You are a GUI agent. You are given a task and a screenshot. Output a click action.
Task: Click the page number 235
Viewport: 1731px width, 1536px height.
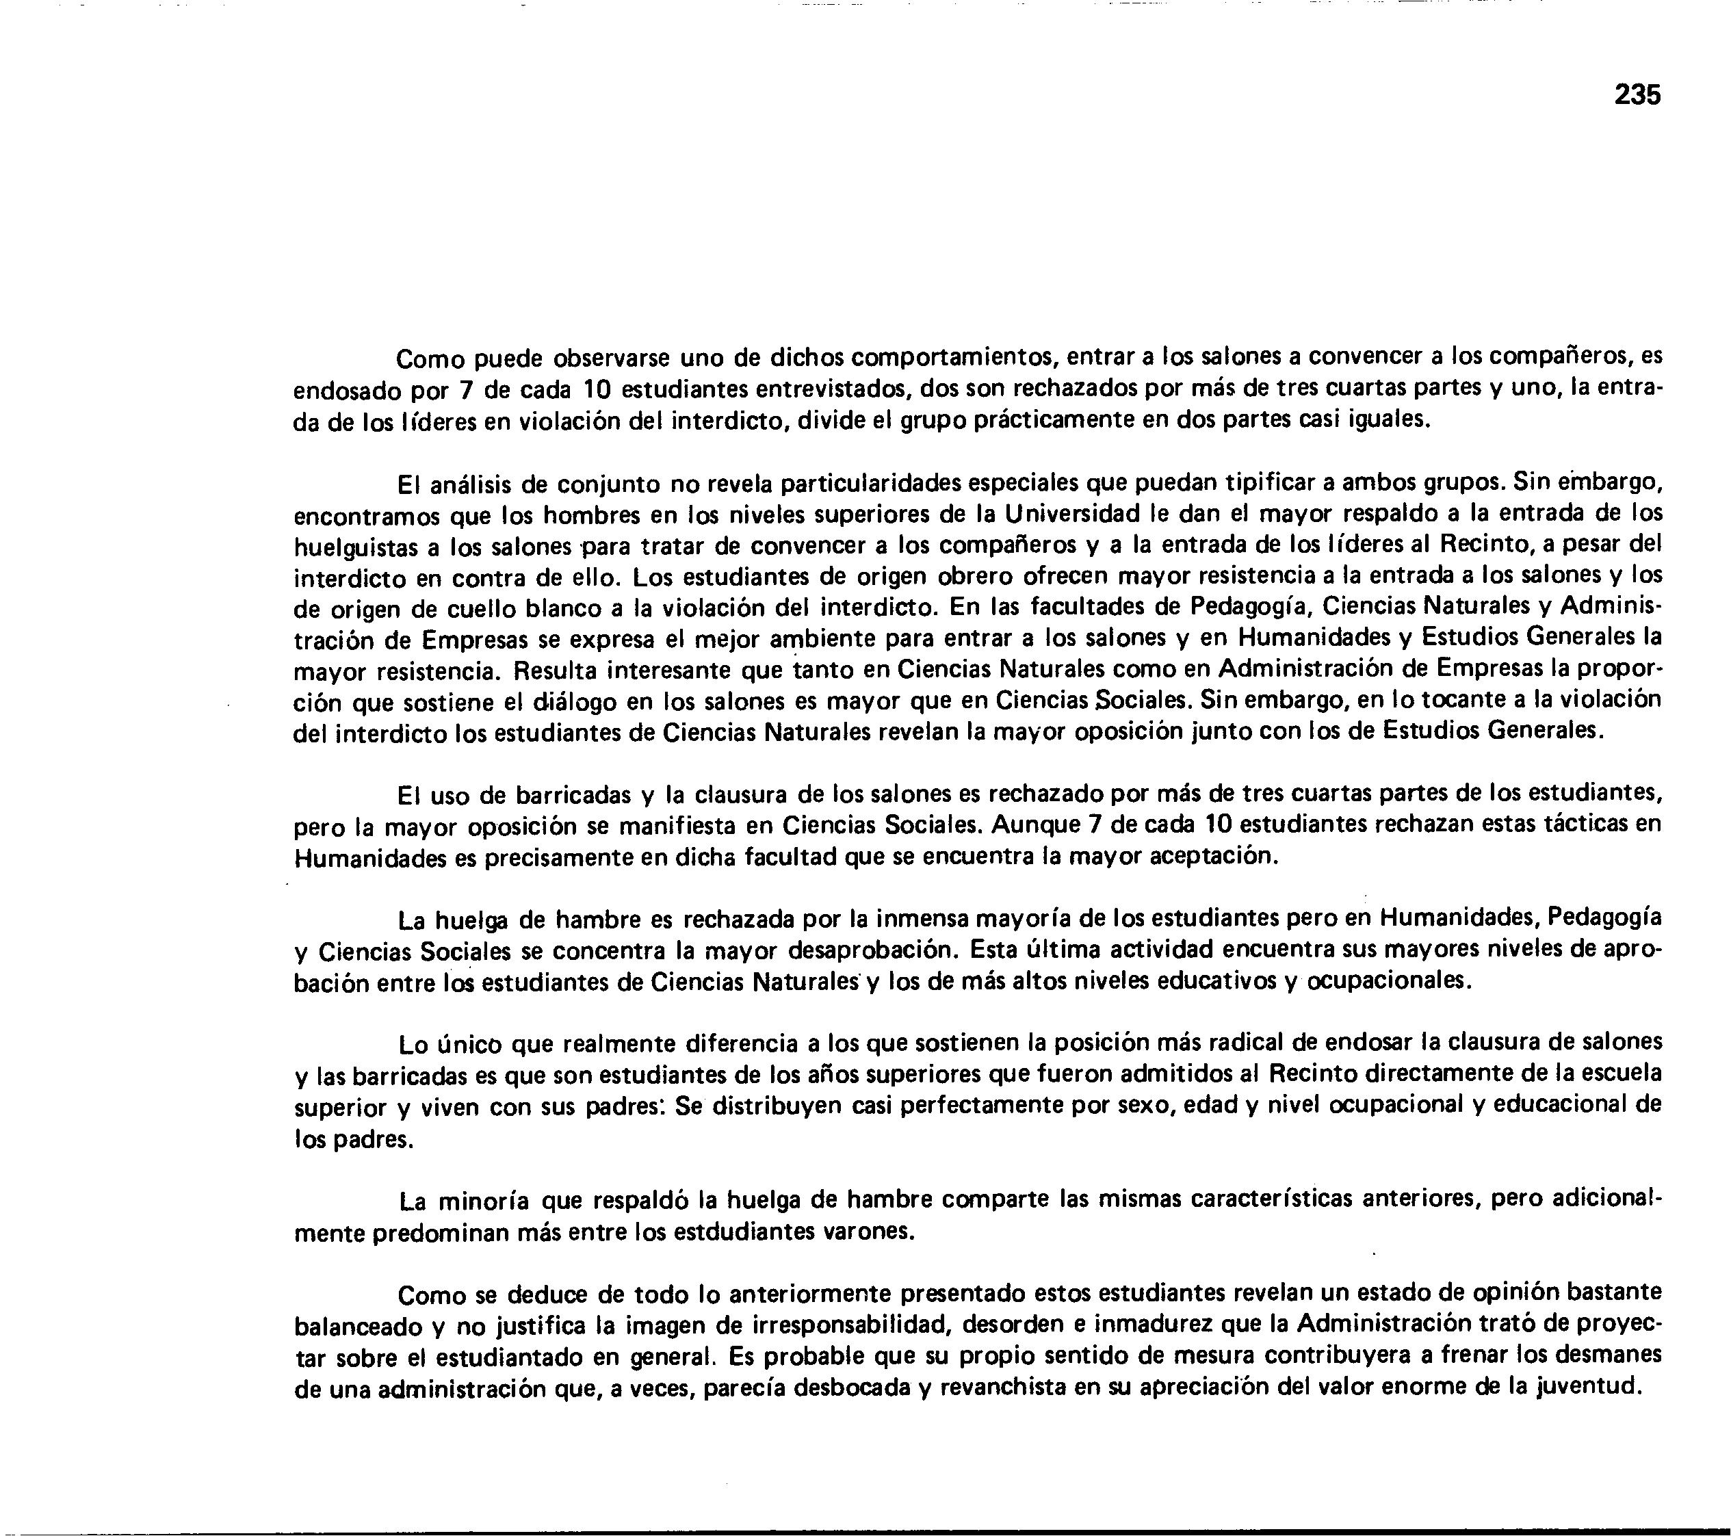pos(1637,95)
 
